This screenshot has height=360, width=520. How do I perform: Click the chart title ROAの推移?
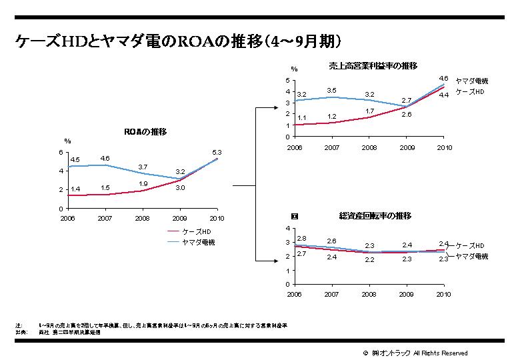(145, 132)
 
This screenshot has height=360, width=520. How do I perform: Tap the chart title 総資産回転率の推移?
(375, 216)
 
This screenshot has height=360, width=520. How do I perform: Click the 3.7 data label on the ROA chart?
(143, 167)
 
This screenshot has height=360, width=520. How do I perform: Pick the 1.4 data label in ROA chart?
(75, 189)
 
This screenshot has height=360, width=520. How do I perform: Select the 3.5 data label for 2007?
(331, 90)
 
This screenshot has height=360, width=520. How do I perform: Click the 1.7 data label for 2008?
(369, 111)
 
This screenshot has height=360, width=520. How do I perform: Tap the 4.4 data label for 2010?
(443, 95)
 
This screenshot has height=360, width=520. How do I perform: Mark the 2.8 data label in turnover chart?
(301, 238)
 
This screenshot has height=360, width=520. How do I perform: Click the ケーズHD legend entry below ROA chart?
(196, 231)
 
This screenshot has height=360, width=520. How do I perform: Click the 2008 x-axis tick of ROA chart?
(142, 217)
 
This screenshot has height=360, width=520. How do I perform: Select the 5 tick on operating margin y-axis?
(287, 81)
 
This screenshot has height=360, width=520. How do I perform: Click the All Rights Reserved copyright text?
(441, 353)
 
